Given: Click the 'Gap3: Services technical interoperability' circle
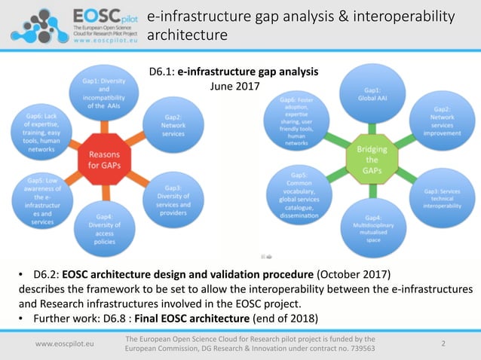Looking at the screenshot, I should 442,197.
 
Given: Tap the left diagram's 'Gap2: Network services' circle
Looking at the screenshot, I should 173,124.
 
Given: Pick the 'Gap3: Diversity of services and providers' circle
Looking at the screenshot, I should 173,197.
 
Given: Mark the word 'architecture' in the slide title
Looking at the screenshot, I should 186,35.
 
